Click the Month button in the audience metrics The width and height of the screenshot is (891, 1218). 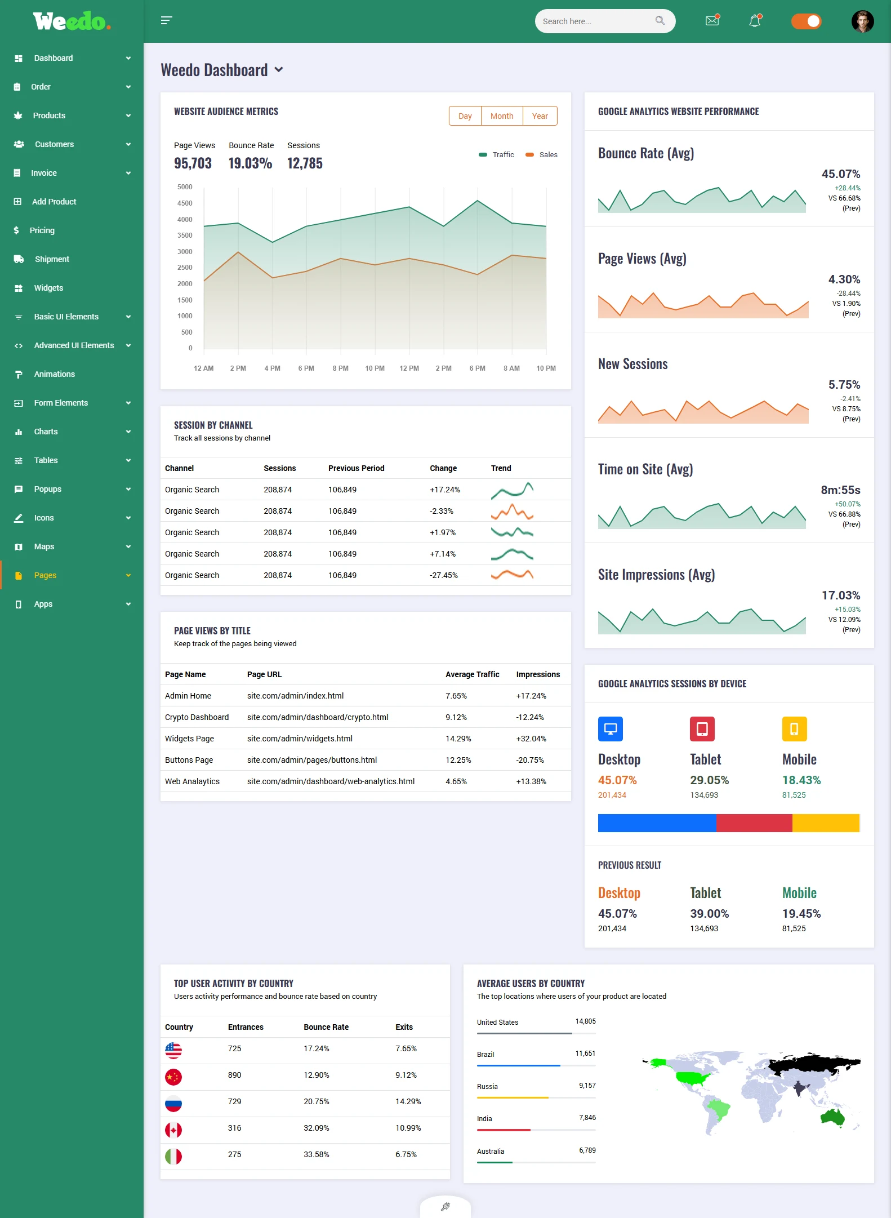pos(501,116)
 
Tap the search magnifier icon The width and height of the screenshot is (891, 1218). pos(660,21)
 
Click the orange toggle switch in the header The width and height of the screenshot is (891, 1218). pos(806,21)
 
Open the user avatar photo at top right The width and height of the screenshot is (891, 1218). pos(862,21)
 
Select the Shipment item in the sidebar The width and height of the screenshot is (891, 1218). pos(52,259)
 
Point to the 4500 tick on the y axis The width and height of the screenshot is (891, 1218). pos(185,203)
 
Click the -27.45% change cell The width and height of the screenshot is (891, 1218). pos(444,575)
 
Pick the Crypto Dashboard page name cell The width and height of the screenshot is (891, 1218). pos(197,717)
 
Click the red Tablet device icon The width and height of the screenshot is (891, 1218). pos(702,729)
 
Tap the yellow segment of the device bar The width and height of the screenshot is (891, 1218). pos(825,823)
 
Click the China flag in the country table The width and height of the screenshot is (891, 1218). pos(173,1077)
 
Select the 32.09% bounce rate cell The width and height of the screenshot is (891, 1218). pos(316,1128)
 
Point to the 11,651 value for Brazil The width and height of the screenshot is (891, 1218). pos(585,1053)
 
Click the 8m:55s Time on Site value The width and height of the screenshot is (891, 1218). pos(840,490)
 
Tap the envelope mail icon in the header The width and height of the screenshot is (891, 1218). pos(712,21)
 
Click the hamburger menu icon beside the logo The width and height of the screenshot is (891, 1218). pos(166,21)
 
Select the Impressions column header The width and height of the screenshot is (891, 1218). pos(537,674)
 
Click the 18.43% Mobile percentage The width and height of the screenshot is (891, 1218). pos(801,780)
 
